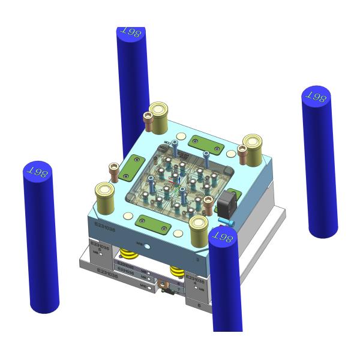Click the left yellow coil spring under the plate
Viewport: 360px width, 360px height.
(127, 254)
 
